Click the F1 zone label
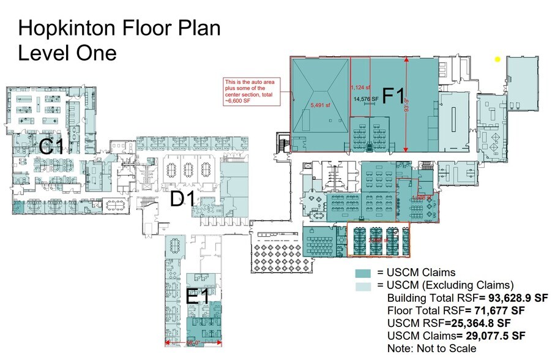pos(393,97)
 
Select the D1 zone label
pos(182,200)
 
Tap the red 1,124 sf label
pos(360,86)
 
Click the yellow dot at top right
pos(497,59)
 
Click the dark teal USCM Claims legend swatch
pos(365,273)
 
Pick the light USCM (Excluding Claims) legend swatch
pos(365,285)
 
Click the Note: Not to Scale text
pos(431,348)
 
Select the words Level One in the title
pos(67,53)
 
